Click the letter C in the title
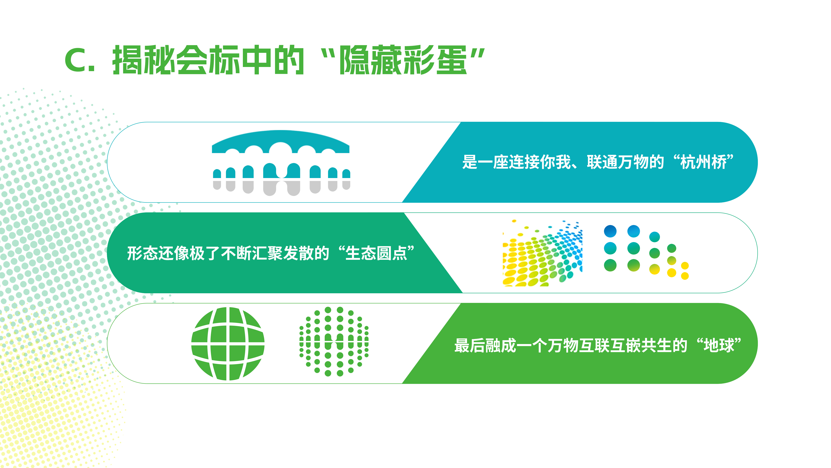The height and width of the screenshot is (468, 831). pyautogui.click(x=76, y=60)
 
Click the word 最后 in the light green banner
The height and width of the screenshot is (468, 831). pyautogui.click(x=470, y=345)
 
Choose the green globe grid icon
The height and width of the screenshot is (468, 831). pyautogui.click(x=228, y=343)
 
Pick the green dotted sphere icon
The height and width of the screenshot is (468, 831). pyautogui.click(x=334, y=341)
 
